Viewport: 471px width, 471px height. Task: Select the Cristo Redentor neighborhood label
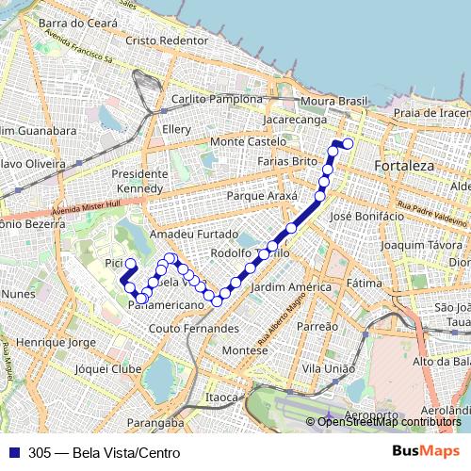166,41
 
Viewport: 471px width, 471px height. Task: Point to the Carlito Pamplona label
217,99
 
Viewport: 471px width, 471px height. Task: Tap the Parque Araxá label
262,196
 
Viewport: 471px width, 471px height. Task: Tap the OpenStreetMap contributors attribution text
390,421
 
